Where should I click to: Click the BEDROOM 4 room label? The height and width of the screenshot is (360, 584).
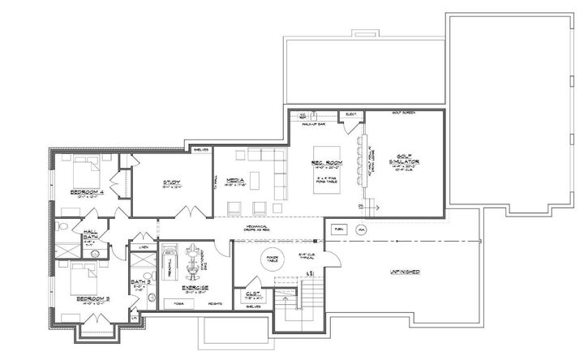click(x=86, y=192)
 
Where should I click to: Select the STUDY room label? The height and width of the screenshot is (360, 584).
click(x=170, y=182)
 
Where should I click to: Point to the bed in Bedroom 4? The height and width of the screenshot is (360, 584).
click(x=84, y=171)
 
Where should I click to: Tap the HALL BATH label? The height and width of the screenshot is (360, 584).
click(x=90, y=234)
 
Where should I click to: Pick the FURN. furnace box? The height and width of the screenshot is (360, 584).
click(x=338, y=229)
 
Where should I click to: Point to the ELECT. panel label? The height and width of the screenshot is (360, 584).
click(x=352, y=114)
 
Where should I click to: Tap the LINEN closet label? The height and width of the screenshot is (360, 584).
click(x=144, y=246)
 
